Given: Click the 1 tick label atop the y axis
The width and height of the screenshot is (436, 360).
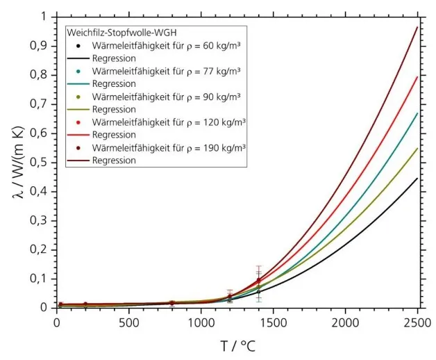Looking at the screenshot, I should coord(44,16).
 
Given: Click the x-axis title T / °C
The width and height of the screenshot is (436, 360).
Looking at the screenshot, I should coord(237,344).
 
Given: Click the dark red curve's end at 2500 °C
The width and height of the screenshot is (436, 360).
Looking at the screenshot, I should coord(417,27).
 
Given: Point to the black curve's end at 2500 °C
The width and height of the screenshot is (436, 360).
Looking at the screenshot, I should coord(417,179).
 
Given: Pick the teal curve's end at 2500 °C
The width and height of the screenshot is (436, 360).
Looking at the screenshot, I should coord(417,113).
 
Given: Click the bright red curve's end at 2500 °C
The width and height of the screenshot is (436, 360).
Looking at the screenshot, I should coord(417,77).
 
